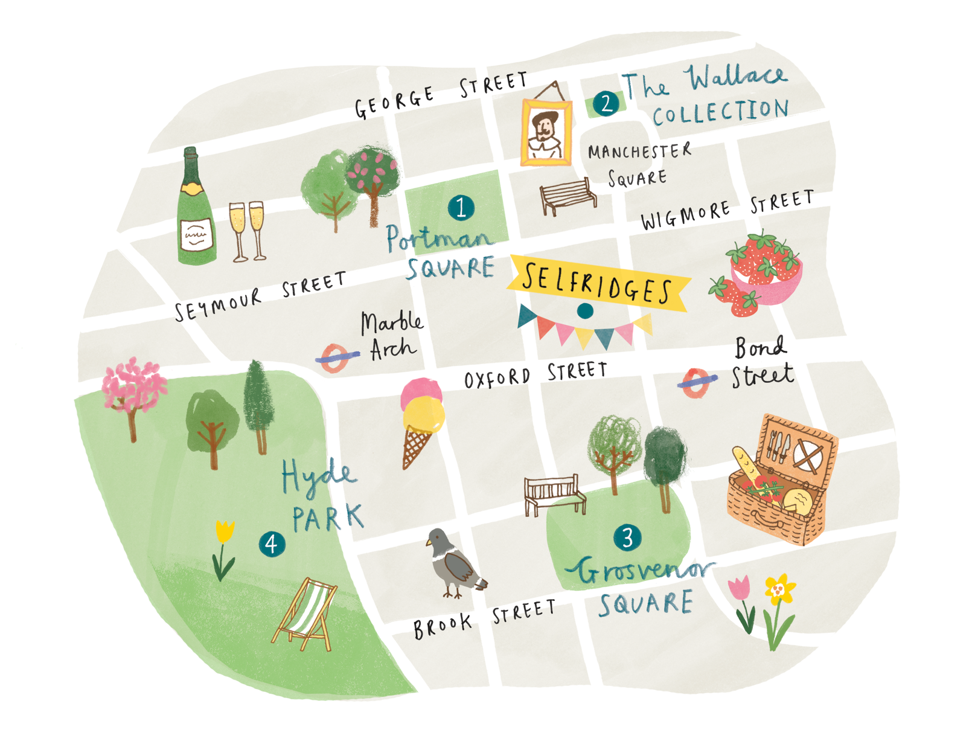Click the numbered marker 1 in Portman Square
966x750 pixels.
461,208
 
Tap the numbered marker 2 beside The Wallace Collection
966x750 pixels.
606,104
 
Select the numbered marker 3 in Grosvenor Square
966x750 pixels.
627,537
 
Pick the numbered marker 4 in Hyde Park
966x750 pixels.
272,544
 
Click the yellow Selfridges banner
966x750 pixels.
598,283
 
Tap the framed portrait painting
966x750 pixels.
546,132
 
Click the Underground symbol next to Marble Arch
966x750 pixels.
335,358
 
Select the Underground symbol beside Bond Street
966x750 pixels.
696,382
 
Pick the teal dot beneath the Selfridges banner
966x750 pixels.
584,311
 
